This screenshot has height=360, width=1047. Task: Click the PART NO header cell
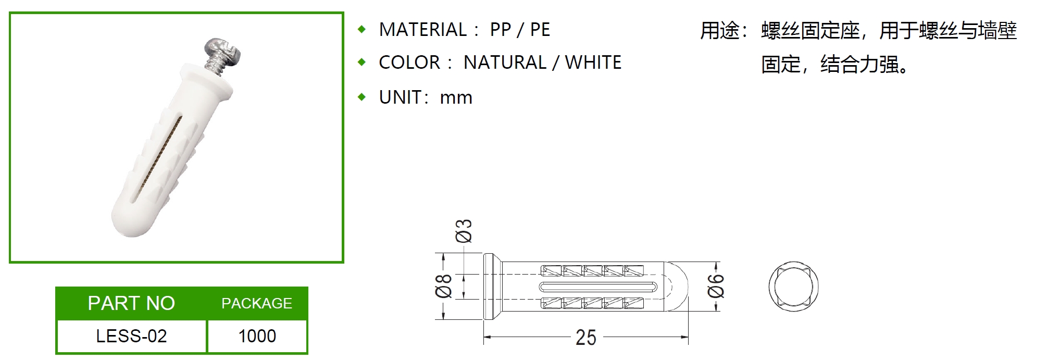point(131,303)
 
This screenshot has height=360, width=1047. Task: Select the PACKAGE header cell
point(257,303)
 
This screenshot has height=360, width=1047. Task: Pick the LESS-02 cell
point(131,336)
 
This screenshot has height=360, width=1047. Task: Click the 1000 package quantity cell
point(257,336)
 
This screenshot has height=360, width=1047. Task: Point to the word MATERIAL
point(422,30)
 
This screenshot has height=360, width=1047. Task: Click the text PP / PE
point(520,30)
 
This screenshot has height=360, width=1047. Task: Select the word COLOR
point(409,63)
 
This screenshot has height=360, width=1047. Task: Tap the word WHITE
point(593,63)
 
